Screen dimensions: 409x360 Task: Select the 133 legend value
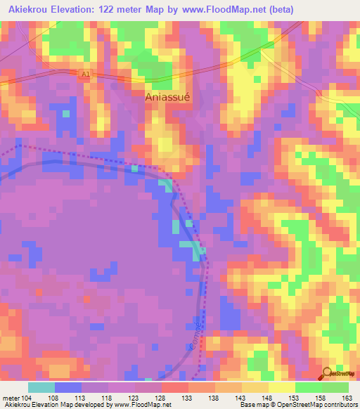click(188, 397)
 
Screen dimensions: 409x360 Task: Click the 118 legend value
click(108, 397)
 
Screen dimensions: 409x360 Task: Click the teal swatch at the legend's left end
click(41, 387)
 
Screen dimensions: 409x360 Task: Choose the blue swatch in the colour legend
click(68, 387)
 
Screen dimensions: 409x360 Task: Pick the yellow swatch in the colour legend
click(281, 387)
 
